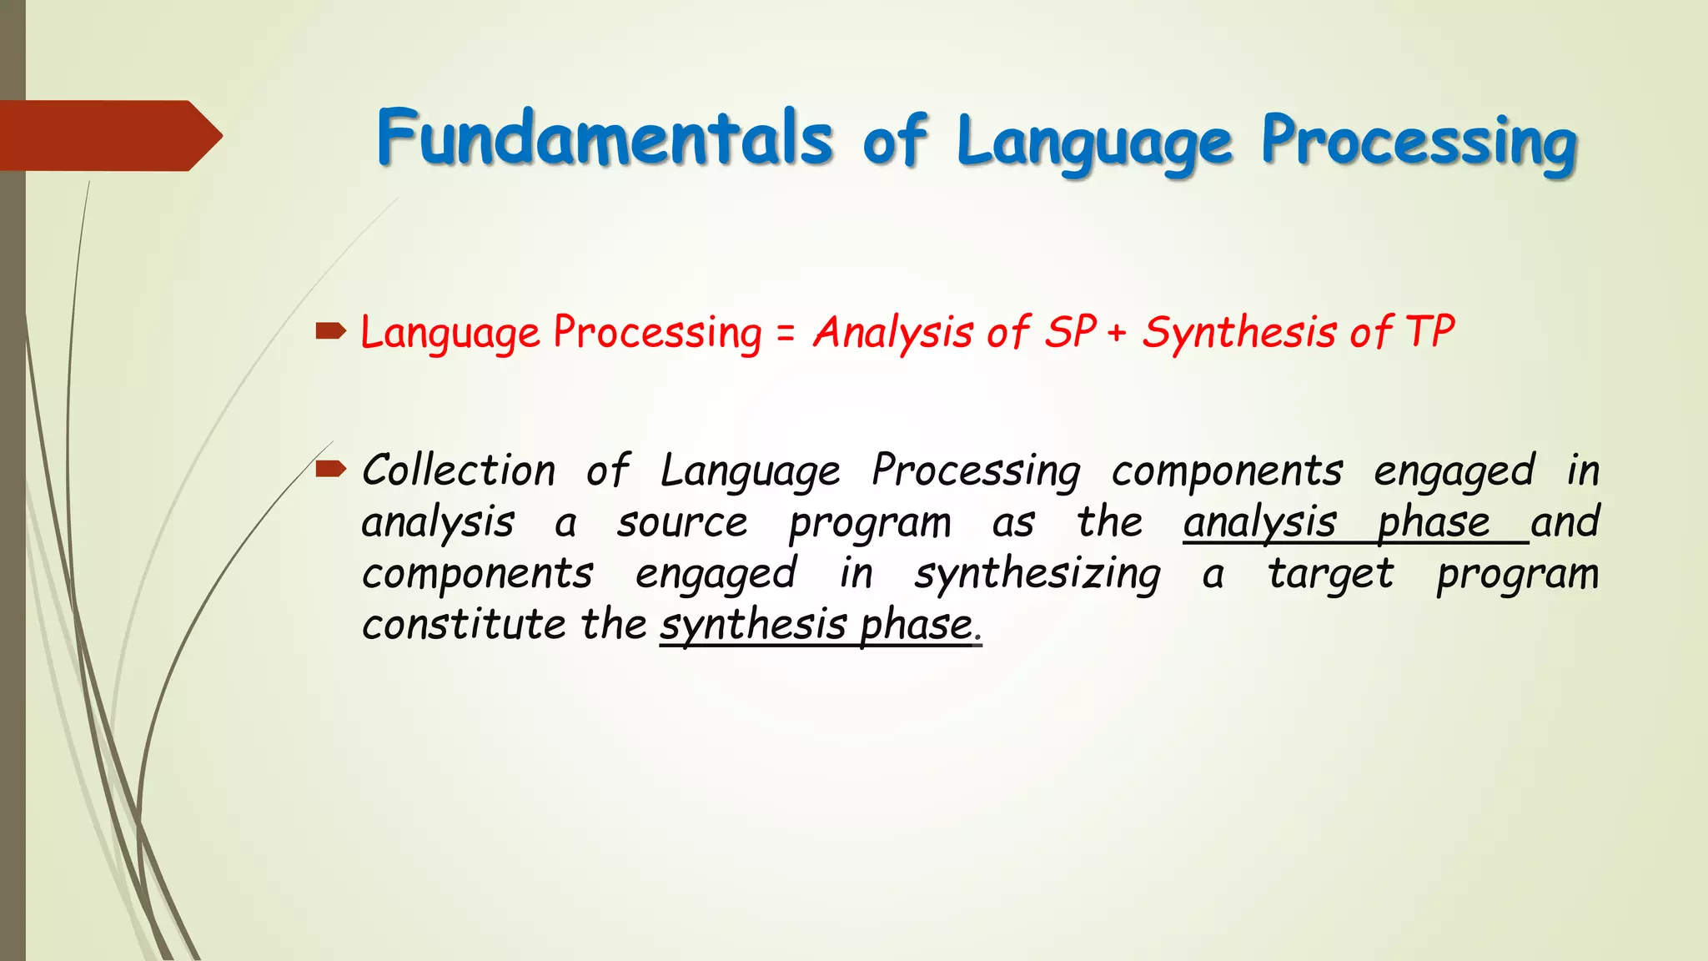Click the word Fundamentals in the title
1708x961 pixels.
coord(605,138)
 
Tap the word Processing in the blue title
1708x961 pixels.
coord(1418,142)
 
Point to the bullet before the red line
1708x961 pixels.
coord(331,333)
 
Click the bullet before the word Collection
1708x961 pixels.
coord(331,469)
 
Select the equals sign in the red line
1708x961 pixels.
coord(786,334)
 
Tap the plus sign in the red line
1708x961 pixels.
coord(1118,334)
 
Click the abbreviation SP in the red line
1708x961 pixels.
coord(1070,332)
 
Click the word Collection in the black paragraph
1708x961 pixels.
coord(459,470)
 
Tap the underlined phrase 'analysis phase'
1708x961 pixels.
coord(1336,523)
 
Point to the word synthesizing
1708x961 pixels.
coord(1037,575)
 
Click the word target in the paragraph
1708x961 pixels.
coord(1330,575)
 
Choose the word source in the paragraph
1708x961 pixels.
coord(682,523)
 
